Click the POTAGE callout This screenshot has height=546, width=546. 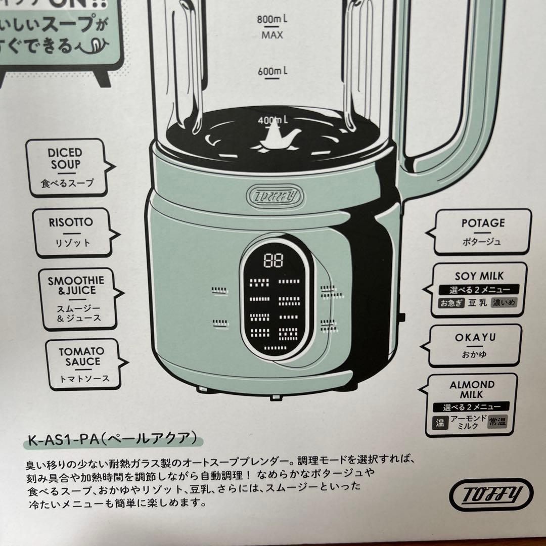482,232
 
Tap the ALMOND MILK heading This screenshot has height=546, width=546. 472,389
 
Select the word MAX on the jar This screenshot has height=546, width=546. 272,35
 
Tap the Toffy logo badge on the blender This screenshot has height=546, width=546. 274,194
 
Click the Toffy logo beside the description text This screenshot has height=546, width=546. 490,492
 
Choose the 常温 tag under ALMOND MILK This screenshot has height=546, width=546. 499,423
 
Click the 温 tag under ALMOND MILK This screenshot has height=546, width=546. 438,423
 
